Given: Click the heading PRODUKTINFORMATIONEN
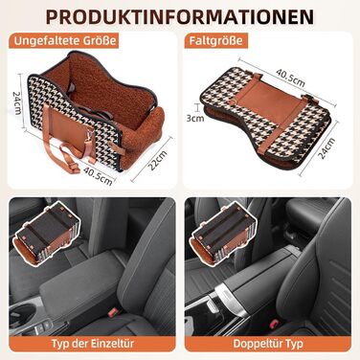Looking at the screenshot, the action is coord(180,16).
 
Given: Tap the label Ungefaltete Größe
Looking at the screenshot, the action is coord(65,41).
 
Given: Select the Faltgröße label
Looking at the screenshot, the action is coord(215,41).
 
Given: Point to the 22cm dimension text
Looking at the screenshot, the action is coord(158,160).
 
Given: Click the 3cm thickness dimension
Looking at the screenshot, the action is coord(195,118).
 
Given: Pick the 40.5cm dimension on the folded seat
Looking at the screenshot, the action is coord(291,78).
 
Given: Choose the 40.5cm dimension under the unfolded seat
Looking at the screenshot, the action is coord(98,176).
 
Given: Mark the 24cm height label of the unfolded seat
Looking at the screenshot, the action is coord(16,102).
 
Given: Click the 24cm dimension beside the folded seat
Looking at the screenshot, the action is coord(326,148).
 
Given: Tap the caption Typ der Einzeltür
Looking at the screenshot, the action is coord(93,344).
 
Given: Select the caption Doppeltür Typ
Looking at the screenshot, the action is coord(268,344).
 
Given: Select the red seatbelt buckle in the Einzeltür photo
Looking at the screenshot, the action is coord(113,312).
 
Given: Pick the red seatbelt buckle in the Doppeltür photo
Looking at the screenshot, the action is coord(273,325).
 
